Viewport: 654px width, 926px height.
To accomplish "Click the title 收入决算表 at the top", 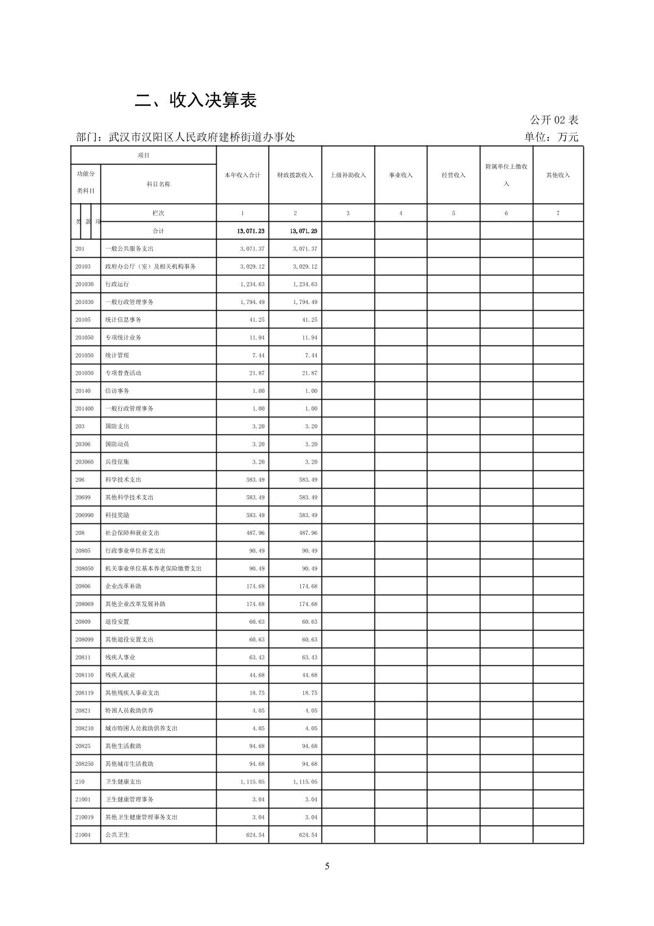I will [195, 101].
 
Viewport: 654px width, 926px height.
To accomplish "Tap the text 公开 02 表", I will [554, 120].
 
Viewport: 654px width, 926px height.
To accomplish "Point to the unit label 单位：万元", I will [551, 137].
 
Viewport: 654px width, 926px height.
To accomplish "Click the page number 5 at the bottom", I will [327, 866].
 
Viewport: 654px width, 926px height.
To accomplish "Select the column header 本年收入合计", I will [242, 175].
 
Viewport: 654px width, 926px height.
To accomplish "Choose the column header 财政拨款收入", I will [295, 175].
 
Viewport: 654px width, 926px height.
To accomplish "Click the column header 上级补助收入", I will [348, 175].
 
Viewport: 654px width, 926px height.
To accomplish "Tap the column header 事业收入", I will [401, 175].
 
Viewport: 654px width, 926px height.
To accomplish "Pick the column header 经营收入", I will [454, 175].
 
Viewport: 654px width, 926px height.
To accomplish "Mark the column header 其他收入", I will [558, 175].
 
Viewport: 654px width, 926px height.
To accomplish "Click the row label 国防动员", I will [117, 444].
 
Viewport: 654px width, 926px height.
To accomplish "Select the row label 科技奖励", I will [117, 515].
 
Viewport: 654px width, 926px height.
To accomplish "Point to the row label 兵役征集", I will [117, 462].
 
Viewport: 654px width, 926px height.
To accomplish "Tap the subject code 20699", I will [83, 498].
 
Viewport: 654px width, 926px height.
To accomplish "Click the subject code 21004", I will [83, 835].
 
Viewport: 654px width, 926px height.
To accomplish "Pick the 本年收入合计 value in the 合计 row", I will [251, 231].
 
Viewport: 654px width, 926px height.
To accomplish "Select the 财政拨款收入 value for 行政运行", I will [305, 285].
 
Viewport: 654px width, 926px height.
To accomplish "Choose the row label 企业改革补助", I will [123, 586].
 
